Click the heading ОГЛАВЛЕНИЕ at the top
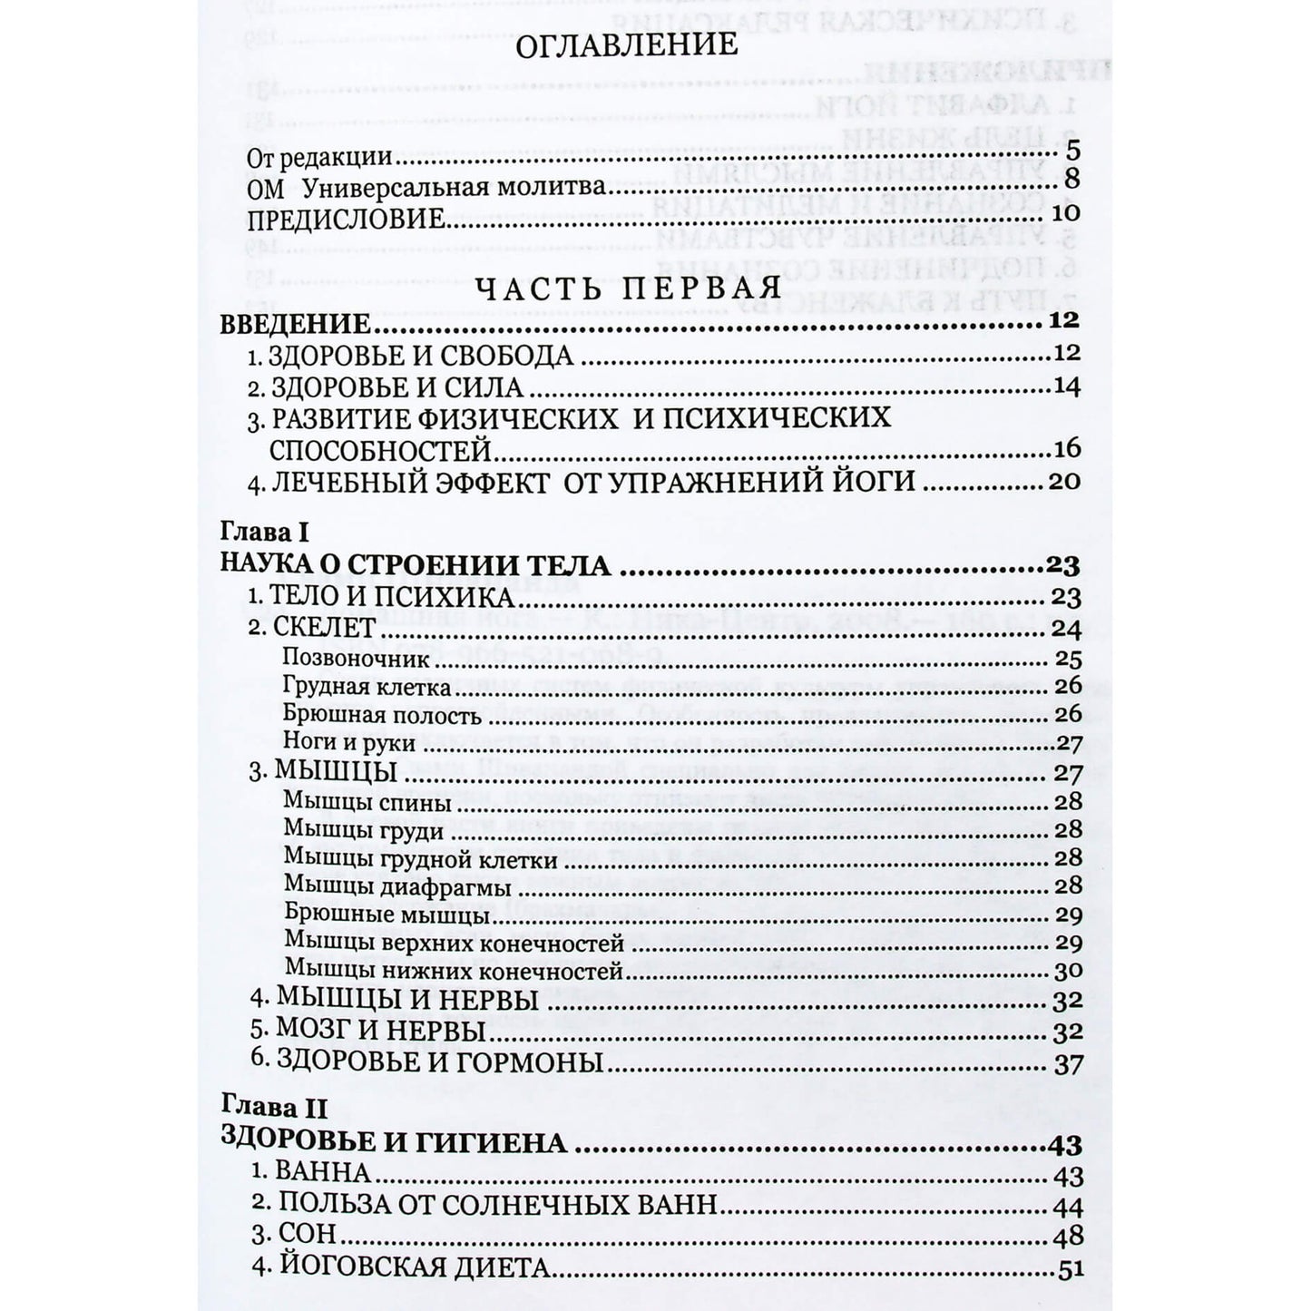[x=626, y=45]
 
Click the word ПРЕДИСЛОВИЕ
[x=345, y=220]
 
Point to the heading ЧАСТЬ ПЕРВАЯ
[x=629, y=289]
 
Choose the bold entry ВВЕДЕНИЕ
[x=295, y=325]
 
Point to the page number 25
[x=1068, y=659]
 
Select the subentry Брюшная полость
[x=382, y=715]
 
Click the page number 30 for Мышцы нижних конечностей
[x=1068, y=971]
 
